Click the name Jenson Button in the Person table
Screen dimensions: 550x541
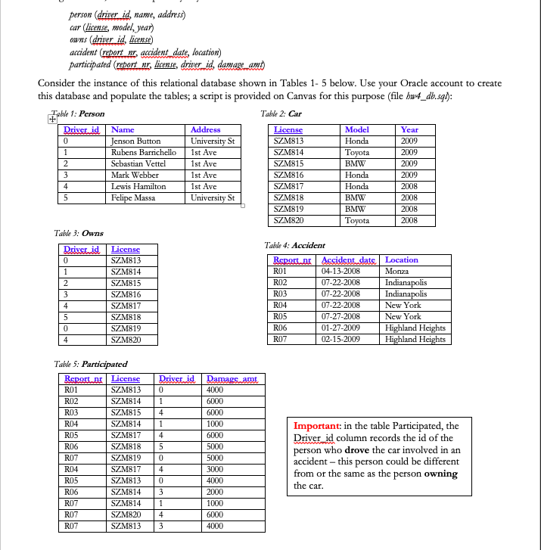pos(136,141)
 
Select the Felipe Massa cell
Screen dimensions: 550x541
pos(133,197)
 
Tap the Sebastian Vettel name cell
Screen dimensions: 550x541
pos(138,163)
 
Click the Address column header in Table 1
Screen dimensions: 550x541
pos(206,130)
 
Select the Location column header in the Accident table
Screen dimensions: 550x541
pos(402,259)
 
